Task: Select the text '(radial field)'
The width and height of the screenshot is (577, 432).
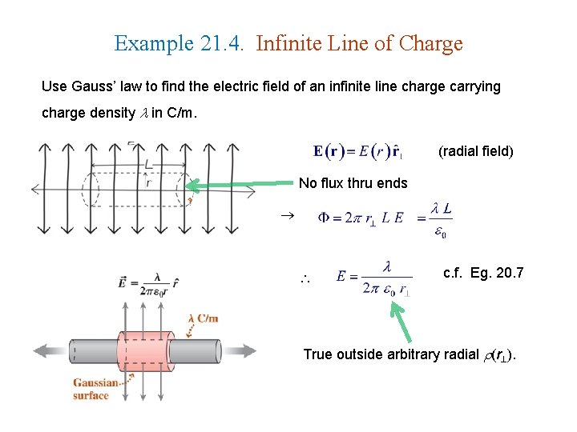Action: [x=475, y=150]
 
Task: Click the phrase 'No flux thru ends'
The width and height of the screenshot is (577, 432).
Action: [x=353, y=183]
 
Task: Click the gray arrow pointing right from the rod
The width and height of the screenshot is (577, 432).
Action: [x=240, y=351]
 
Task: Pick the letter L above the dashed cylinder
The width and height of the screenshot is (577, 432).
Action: [x=148, y=164]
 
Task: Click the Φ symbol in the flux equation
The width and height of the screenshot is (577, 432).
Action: [x=324, y=217]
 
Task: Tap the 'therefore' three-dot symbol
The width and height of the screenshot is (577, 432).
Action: [x=305, y=280]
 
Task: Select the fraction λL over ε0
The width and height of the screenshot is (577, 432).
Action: [x=441, y=218]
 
